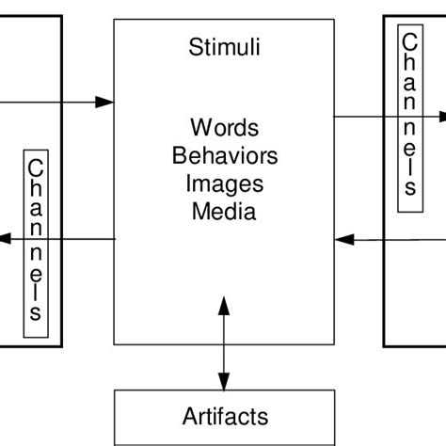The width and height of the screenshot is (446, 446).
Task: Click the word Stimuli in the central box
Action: (224, 46)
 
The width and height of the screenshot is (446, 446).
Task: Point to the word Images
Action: (225, 183)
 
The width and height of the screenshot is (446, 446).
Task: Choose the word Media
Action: (224, 211)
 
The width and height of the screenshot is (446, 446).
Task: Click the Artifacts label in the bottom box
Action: (225, 416)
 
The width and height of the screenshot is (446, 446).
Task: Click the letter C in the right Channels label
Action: (408, 42)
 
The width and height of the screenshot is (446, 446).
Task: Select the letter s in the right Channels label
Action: (408, 187)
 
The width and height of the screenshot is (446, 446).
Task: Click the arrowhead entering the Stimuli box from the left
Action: (106, 101)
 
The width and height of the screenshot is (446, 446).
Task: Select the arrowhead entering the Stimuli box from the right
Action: (345, 239)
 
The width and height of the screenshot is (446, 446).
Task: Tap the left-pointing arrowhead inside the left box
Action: (5, 239)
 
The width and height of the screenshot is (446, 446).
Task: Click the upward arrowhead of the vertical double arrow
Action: (223, 305)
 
